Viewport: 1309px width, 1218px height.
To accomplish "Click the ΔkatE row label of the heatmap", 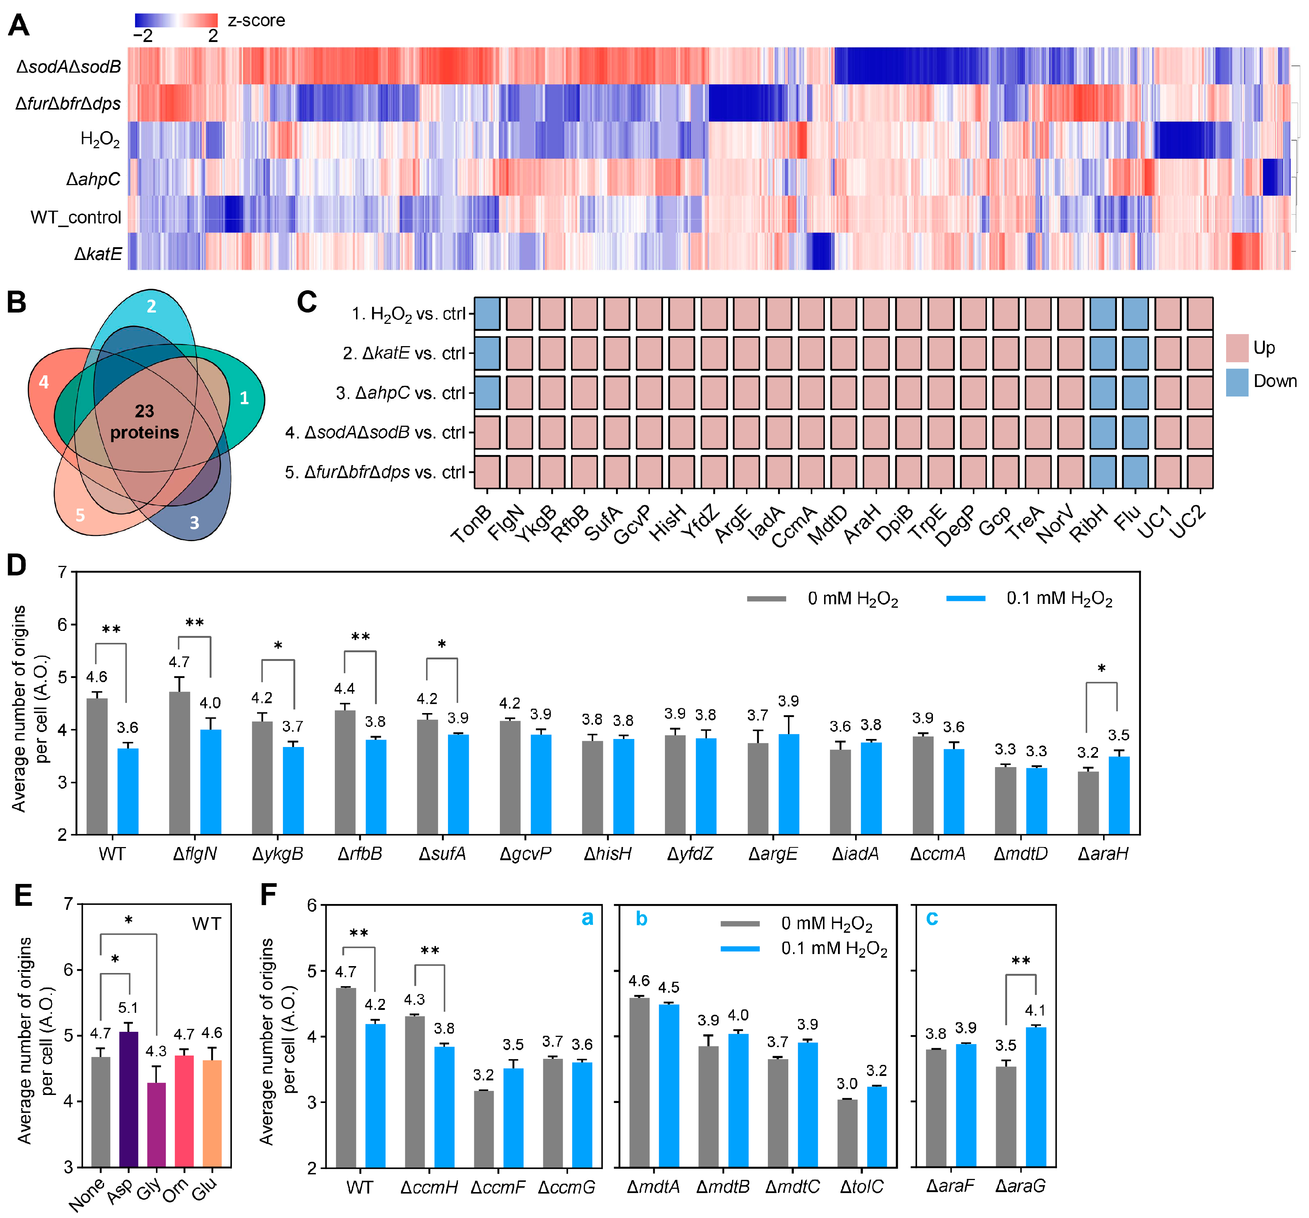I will tap(97, 253).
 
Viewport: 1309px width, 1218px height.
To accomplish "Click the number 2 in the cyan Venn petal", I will tap(152, 306).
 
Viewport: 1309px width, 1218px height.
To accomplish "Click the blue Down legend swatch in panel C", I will tap(1237, 382).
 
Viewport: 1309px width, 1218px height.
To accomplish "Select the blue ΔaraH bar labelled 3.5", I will tap(1119, 795).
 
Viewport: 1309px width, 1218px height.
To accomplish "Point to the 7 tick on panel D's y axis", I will tap(62, 572).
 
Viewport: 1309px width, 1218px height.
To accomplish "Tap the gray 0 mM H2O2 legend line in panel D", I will tap(766, 598).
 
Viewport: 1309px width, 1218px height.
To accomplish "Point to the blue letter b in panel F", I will tap(641, 919).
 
